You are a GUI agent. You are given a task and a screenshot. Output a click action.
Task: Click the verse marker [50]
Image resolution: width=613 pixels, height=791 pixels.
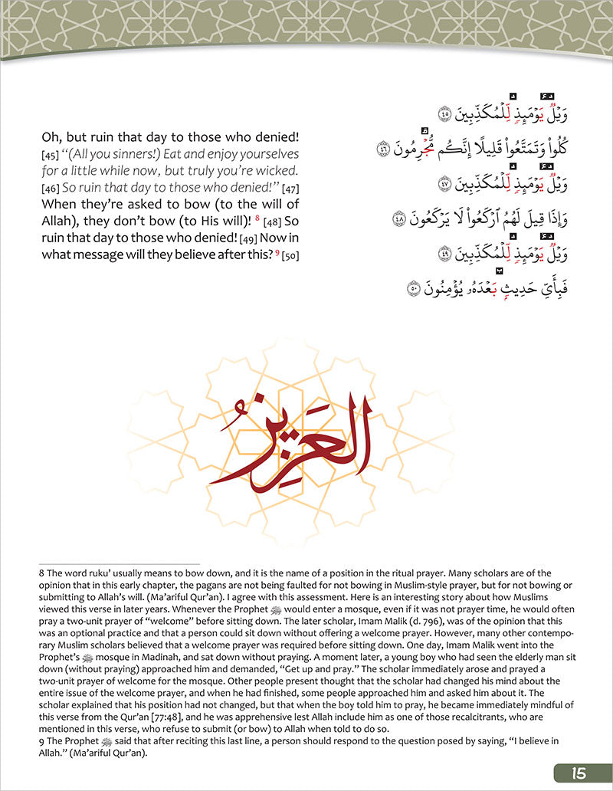click(289, 254)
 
